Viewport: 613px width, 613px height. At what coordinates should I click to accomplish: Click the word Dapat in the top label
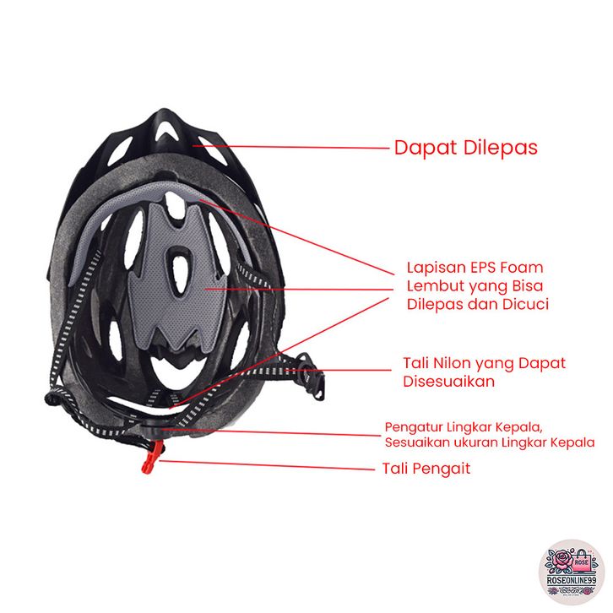[425, 148]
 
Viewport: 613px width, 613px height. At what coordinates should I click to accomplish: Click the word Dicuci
[523, 303]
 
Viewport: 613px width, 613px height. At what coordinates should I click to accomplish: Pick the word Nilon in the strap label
[457, 363]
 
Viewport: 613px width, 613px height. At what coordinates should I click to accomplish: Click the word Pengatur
[413, 426]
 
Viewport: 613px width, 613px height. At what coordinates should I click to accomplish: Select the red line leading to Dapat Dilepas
[296, 147]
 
